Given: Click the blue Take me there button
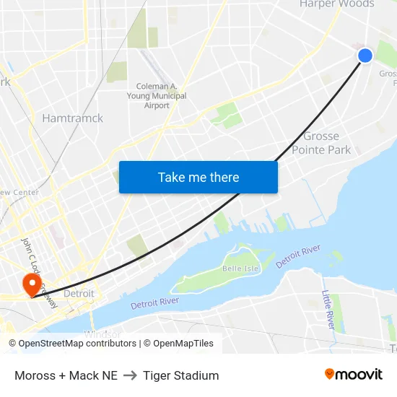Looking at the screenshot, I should point(198,177).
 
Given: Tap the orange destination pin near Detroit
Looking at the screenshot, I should point(32,283).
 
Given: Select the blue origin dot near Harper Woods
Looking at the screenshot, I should point(365,56).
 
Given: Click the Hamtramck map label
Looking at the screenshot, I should point(72,118).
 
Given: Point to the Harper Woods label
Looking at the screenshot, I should point(337,4).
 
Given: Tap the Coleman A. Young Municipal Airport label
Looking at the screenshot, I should point(157,95).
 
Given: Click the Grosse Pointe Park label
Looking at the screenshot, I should point(321,143).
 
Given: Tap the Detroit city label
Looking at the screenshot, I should point(79,294).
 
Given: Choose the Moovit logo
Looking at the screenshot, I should point(353,375).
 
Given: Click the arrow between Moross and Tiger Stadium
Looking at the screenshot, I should point(130,375).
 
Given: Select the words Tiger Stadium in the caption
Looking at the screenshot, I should point(180,375).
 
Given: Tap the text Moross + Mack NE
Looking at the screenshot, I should point(66,375).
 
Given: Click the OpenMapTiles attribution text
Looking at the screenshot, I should point(178,344).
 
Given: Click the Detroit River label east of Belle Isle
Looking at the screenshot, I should point(298,256).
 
